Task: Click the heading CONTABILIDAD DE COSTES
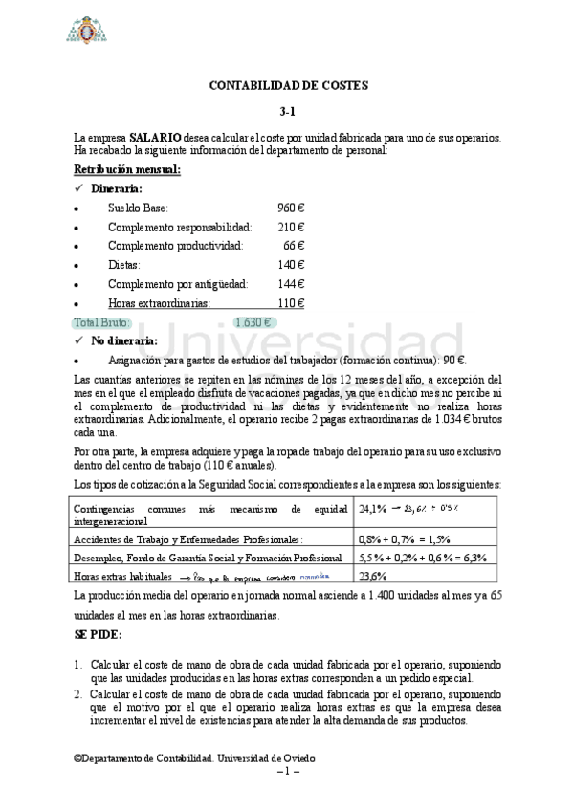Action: [x=288, y=86]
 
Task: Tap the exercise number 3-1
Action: [x=288, y=111]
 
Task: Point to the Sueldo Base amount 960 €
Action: [x=291, y=208]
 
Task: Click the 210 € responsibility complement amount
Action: [x=291, y=227]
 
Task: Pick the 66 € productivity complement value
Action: [x=294, y=246]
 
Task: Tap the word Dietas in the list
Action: [x=124, y=265]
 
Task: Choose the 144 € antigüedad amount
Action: [x=291, y=284]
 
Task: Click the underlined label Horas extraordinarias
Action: [x=159, y=303]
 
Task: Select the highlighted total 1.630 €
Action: [x=253, y=322]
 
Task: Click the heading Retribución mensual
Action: [x=127, y=170]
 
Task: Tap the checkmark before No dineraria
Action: [x=79, y=340]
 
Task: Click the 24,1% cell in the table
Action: [x=372, y=508]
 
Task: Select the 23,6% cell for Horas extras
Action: [x=372, y=576]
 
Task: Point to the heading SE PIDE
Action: [x=99, y=634]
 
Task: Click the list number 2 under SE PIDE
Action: [x=78, y=693]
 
